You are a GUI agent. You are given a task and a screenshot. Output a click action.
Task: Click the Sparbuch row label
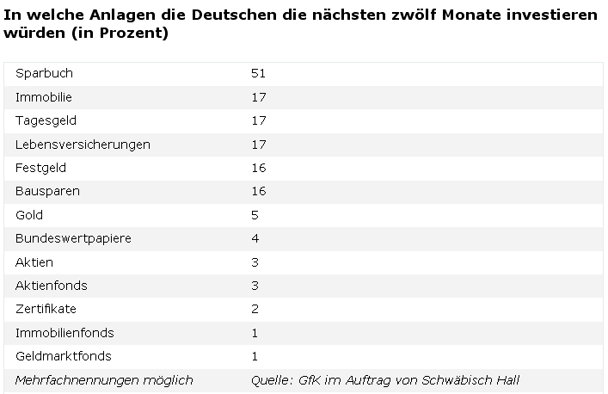click(44, 73)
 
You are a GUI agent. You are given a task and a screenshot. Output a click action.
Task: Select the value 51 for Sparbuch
click(258, 73)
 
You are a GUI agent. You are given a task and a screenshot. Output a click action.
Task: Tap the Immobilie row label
click(44, 97)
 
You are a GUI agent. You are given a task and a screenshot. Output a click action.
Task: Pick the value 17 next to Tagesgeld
click(259, 120)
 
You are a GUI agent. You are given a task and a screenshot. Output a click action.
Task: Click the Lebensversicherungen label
click(83, 145)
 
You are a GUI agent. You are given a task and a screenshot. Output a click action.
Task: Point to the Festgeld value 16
click(259, 168)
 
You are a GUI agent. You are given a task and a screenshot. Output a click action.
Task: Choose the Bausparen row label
click(47, 191)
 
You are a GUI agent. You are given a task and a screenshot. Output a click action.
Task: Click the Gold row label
click(29, 215)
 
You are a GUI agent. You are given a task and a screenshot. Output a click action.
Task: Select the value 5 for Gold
click(255, 215)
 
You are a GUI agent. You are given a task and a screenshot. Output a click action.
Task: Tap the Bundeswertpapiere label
click(73, 238)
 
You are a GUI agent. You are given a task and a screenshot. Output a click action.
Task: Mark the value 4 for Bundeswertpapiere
click(255, 238)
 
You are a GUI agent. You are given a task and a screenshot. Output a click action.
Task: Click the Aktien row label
click(34, 262)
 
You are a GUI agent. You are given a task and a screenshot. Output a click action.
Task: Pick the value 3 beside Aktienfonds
click(255, 286)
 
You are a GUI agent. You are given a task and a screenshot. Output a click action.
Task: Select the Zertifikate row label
click(46, 309)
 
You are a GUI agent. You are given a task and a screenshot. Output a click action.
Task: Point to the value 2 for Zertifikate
click(255, 309)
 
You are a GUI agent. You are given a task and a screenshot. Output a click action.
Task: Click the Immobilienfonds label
click(64, 333)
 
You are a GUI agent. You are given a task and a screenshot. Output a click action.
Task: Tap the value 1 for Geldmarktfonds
click(255, 356)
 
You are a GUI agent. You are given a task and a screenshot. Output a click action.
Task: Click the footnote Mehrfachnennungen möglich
click(104, 380)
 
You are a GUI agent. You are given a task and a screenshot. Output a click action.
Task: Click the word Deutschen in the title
click(235, 15)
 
